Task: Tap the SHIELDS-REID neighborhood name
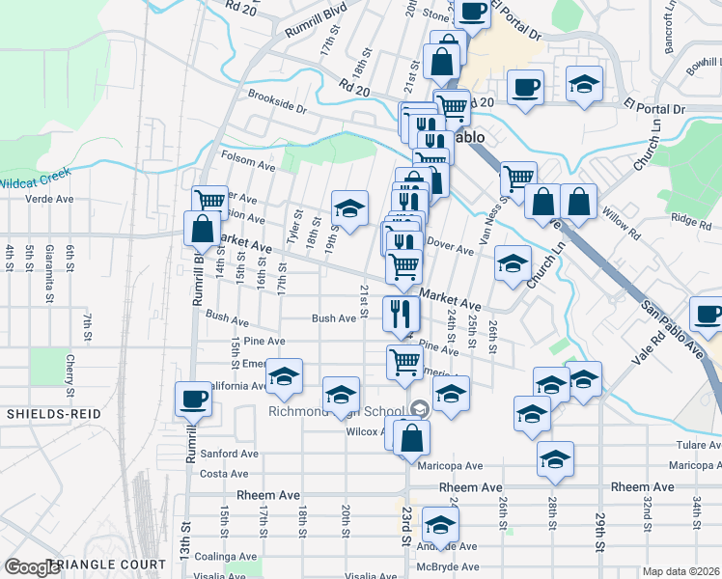pos(48,413)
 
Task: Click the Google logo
pos(31,567)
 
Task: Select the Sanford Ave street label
pos(229,454)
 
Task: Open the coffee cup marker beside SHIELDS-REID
pos(193,399)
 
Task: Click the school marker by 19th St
pos(349,207)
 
